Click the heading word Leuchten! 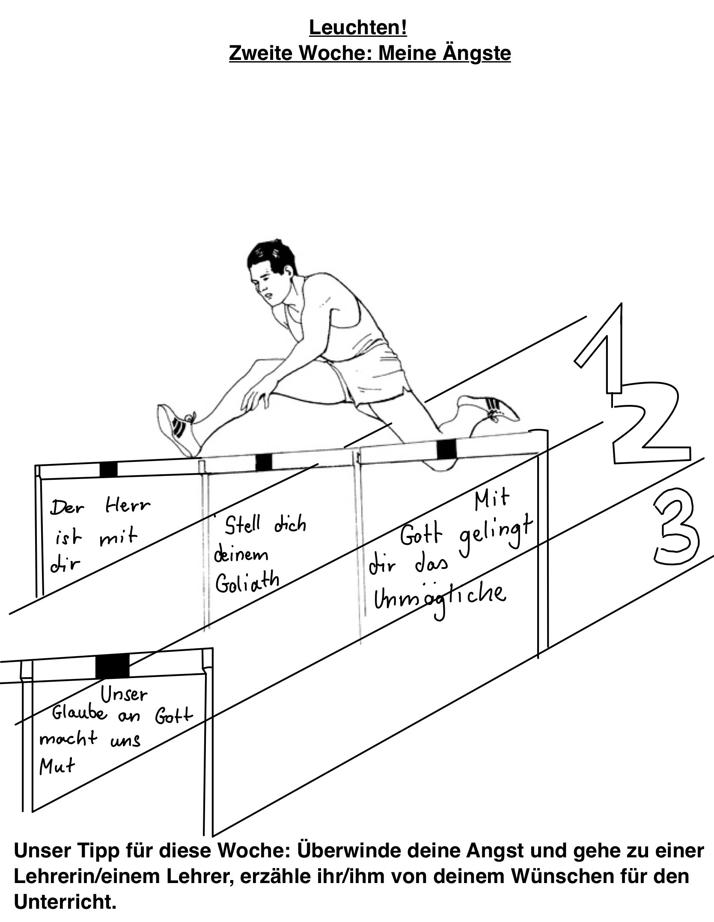tap(358, 28)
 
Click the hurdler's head tap(273, 274)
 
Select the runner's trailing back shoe tap(488, 408)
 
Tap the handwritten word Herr tap(128, 506)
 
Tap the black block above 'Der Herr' tap(108, 469)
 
